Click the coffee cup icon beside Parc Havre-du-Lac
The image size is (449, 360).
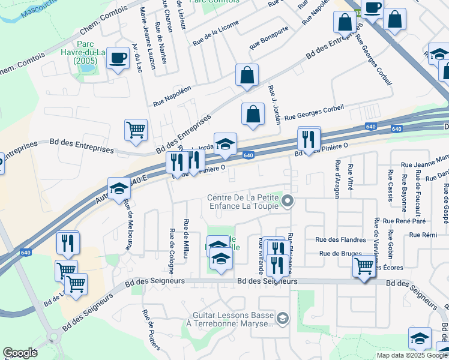(x=118, y=58)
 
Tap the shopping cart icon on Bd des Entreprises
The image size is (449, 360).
(x=136, y=130)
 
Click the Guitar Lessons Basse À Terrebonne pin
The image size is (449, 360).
(x=284, y=317)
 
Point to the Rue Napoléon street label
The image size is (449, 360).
(x=172, y=96)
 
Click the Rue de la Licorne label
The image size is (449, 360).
(x=215, y=34)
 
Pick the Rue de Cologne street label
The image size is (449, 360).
(x=172, y=247)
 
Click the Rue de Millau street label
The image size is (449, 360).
(x=187, y=238)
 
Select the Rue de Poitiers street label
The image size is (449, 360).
(x=151, y=330)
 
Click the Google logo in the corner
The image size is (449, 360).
(x=20, y=353)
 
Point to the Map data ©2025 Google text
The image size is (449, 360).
(x=412, y=355)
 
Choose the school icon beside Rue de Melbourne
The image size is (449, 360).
(x=119, y=188)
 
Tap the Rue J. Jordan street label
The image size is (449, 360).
(x=275, y=104)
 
